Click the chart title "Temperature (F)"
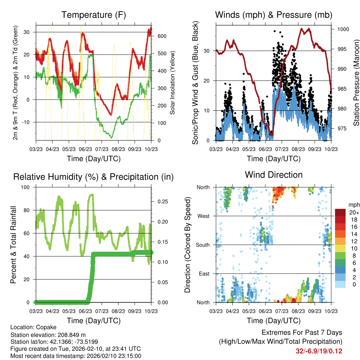[94, 15]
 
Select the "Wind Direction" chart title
[274, 175]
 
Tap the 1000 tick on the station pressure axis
[343, 29]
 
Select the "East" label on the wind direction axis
[204, 274]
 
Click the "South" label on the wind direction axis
[202, 245]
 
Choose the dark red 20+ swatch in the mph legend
[340, 213]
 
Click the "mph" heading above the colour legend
[353, 205]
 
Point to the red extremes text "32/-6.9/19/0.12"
[319, 351]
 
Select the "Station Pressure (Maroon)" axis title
[356, 83]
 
